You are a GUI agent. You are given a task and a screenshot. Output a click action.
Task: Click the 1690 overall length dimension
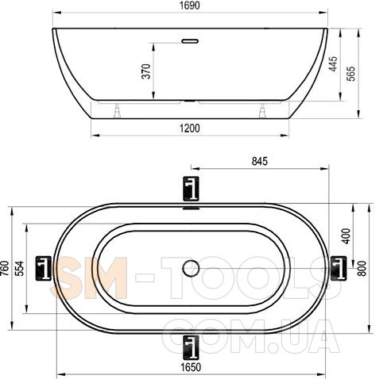point(190,6)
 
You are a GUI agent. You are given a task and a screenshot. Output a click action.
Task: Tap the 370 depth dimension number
point(146,71)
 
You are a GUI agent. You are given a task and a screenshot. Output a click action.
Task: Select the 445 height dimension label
point(333,63)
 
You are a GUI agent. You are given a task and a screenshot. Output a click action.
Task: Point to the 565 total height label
point(350,74)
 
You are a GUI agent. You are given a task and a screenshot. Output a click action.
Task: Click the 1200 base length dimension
point(190,128)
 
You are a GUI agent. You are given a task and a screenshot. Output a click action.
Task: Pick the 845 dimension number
point(260,161)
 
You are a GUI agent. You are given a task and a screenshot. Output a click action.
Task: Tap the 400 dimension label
point(346,236)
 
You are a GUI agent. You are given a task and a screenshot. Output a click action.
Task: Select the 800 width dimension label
point(362,268)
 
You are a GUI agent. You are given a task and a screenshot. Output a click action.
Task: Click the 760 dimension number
point(5,268)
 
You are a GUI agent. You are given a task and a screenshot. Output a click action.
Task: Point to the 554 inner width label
point(19,268)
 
